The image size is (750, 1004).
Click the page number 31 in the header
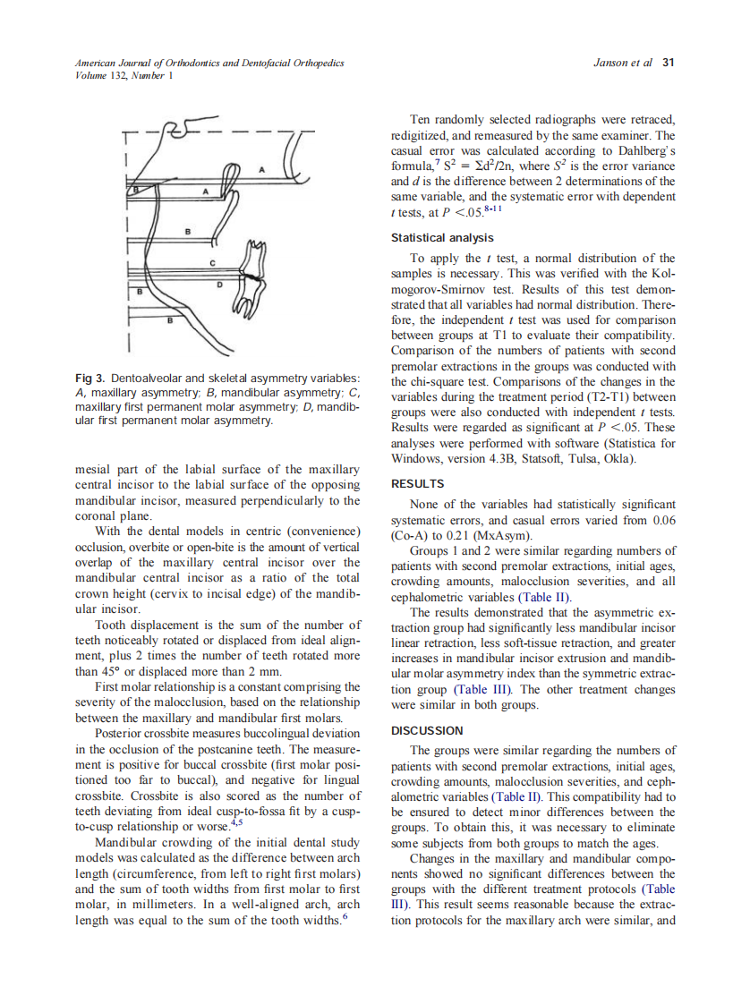667,63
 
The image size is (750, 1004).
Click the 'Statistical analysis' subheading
441,238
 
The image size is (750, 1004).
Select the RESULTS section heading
417,484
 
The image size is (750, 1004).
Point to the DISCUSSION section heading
428,731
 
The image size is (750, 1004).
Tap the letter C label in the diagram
212,262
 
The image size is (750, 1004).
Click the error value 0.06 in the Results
658,521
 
